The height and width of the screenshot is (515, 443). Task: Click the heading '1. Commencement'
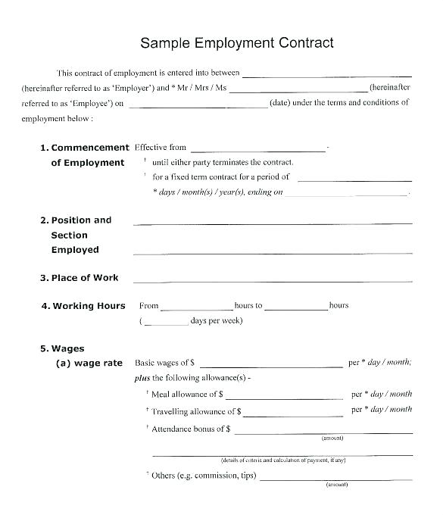[x=84, y=148]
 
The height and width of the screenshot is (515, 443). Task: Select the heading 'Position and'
[x=81, y=220]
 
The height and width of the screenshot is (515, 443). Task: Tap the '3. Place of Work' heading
[x=80, y=278]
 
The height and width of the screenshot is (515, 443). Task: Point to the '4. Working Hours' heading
[x=83, y=306]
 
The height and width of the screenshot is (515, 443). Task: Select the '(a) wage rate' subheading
[x=89, y=364]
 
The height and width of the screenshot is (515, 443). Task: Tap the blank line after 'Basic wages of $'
[x=271, y=366]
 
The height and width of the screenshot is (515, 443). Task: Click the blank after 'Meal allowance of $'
[x=284, y=398]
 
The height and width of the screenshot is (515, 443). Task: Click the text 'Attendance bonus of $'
[x=191, y=429]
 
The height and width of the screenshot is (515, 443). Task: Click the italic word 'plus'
[x=142, y=378]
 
